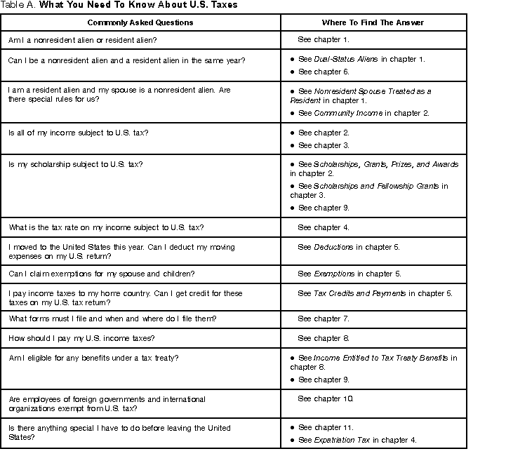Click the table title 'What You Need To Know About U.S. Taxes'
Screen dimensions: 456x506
click(x=138, y=5)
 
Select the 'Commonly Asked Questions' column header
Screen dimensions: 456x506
click(x=140, y=22)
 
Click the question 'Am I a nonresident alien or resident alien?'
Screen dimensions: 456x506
click(x=83, y=40)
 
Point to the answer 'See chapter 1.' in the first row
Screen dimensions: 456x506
click(x=324, y=40)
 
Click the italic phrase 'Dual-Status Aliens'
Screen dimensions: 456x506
click(x=346, y=59)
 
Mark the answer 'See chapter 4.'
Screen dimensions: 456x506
click(x=324, y=227)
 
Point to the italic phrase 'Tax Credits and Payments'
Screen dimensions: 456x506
click(x=359, y=293)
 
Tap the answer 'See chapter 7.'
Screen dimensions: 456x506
click(x=324, y=318)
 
